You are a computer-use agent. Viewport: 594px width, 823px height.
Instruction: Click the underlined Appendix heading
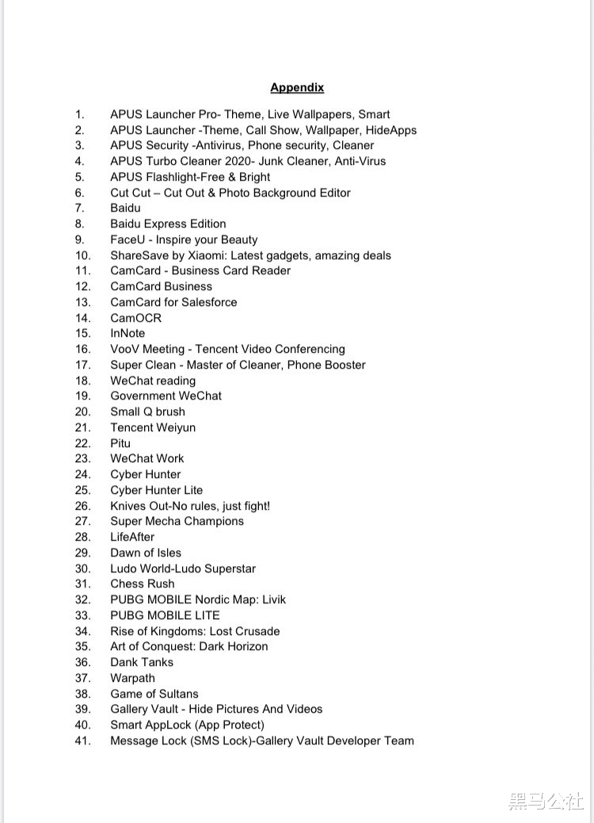coord(297,87)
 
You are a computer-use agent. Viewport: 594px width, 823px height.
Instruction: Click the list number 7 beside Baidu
coord(80,208)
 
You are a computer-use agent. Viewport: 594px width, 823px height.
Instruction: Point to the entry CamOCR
coord(135,318)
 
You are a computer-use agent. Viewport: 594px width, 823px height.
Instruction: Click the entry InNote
coord(128,333)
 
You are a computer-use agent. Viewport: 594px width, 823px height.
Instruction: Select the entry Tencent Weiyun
coord(153,427)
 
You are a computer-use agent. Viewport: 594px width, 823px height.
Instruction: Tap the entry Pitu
coord(120,443)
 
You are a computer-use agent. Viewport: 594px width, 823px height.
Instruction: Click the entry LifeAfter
coord(132,537)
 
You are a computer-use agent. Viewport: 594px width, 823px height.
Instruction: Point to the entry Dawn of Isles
coord(146,553)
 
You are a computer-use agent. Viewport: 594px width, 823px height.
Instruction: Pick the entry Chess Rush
coord(143,584)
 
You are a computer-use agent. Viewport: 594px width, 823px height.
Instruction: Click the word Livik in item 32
coord(270,599)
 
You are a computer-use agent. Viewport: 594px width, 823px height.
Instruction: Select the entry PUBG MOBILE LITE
coord(165,615)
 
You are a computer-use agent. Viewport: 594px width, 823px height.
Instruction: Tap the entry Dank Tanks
coord(142,662)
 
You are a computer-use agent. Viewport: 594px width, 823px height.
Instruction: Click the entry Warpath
coord(132,678)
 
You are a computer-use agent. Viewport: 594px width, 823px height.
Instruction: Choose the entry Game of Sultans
coord(154,694)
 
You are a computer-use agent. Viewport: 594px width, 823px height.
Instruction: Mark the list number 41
coord(83,741)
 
